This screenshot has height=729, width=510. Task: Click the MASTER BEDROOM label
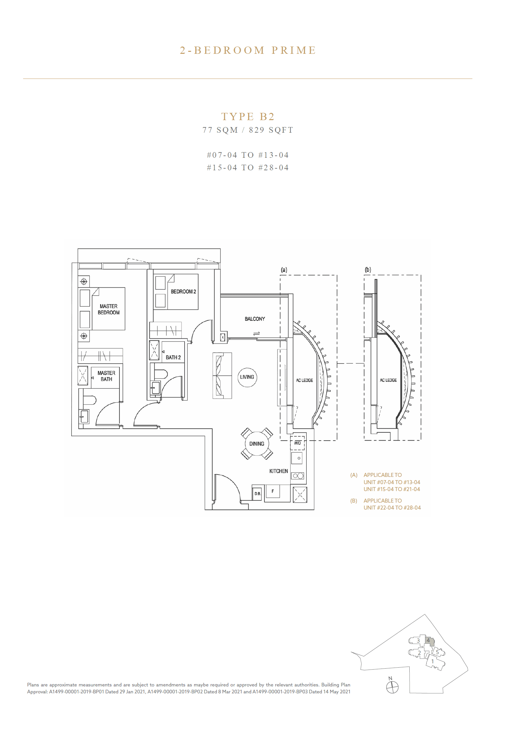(109, 309)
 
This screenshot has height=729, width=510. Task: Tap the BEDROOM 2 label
(183, 292)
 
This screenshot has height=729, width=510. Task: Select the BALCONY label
(255, 319)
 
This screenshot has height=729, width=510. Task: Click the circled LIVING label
(247, 377)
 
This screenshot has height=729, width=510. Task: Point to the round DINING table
(257, 444)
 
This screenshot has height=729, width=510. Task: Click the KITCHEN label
(279, 471)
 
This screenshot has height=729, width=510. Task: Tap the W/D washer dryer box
(297, 443)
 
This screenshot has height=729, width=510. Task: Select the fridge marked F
(273, 491)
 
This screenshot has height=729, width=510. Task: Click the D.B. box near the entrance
(257, 494)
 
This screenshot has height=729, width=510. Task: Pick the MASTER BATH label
(106, 376)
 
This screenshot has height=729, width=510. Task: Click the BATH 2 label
(173, 357)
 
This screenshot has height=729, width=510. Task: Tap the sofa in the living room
(222, 375)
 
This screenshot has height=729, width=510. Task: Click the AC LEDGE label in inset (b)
(388, 380)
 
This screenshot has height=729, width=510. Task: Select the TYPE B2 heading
(248, 116)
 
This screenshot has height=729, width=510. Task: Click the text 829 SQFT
(271, 130)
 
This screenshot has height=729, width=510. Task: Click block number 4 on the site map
(428, 640)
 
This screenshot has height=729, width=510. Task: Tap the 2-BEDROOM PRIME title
(248, 50)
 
